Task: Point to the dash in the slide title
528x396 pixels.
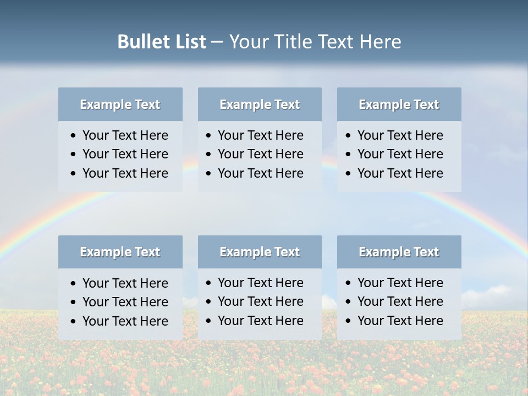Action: click(x=217, y=42)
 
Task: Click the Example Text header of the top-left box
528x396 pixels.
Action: click(x=120, y=105)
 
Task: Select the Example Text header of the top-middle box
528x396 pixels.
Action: click(x=260, y=105)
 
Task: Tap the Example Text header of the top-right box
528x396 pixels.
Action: click(x=399, y=105)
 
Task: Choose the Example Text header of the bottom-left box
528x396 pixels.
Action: click(x=120, y=252)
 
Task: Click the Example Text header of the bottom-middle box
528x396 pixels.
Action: click(x=260, y=252)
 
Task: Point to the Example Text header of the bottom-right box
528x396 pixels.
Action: click(x=399, y=252)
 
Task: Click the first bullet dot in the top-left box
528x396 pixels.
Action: click(x=74, y=135)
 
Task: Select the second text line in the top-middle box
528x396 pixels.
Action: click(x=260, y=154)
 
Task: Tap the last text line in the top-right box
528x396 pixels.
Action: click(x=400, y=173)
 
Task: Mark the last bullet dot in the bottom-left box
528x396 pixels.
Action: click(x=74, y=321)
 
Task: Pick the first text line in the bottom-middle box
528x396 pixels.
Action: click(x=260, y=283)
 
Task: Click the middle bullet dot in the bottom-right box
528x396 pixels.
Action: click(x=349, y=302)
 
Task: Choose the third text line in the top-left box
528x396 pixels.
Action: click(x=125, y=173)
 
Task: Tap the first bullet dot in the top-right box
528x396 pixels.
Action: click(x=349, y=135)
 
